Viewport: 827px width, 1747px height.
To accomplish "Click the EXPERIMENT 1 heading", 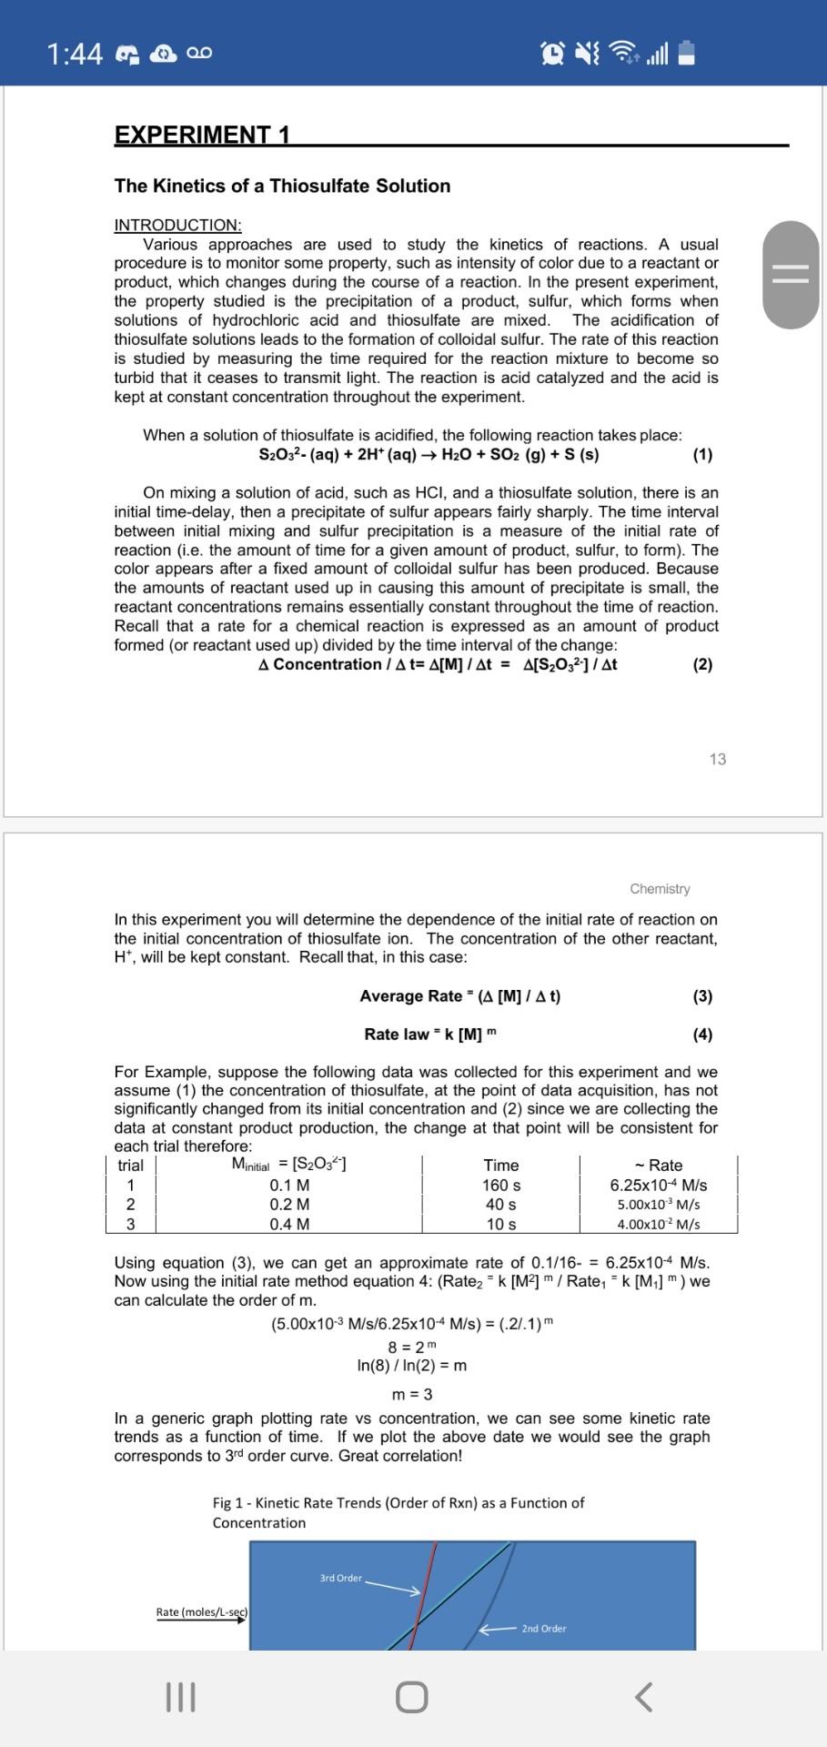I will click(202, 136).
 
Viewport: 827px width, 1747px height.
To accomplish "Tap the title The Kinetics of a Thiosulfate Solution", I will click(282, 186).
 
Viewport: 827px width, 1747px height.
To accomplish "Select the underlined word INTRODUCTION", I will click(177, 225).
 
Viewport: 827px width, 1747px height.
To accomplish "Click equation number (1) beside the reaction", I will click(702, 454).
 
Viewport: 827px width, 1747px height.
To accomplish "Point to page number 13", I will click(717, 759).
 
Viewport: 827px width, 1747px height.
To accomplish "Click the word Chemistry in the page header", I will click(660, 888).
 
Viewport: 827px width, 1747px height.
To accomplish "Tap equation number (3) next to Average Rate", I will click(702, 995).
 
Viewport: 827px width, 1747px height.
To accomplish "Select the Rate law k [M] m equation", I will click(430, 1034).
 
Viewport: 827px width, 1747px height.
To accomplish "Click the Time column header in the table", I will click(500, 1165).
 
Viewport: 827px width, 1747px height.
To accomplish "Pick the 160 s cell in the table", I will click(500, 1185).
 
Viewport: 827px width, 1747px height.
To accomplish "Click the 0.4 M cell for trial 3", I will click(289, 1224).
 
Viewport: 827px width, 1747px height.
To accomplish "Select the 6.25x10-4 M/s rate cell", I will click(658, 1185).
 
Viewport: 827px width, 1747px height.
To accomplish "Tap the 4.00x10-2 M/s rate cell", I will click(658, 1224).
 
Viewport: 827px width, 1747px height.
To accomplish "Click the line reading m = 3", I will click(412, 1394).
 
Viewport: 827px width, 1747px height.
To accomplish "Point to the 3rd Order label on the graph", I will click(341, 1578).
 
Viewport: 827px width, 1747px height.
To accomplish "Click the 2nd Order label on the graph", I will click(543, 1628).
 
